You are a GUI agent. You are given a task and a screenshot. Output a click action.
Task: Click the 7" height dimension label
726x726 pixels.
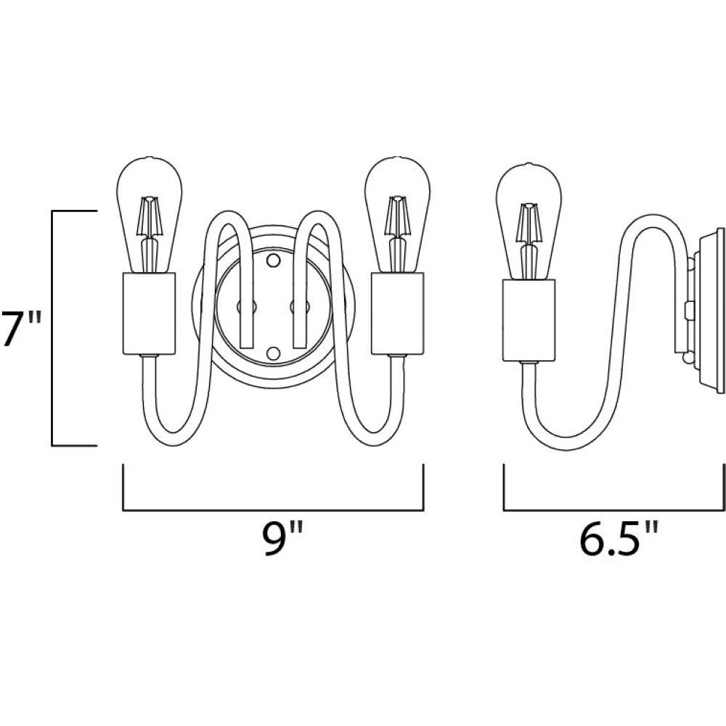point(21,328)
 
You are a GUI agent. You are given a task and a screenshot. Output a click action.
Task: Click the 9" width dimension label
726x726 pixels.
point(283,539)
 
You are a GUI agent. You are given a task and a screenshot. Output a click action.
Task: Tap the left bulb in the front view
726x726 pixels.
point(149,215)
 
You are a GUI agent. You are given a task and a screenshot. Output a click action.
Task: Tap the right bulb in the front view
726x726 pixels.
point(398,215)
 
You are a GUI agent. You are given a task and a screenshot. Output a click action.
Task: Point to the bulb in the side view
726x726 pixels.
point(529,221)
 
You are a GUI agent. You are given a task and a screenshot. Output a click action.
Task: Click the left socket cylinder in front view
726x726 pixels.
point(149,314)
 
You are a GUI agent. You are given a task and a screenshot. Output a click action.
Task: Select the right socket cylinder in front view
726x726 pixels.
point(397,314)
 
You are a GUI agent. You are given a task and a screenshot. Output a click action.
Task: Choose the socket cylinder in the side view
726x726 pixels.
point(529,320)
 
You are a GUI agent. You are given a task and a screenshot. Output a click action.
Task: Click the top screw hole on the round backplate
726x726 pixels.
point(274,260)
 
